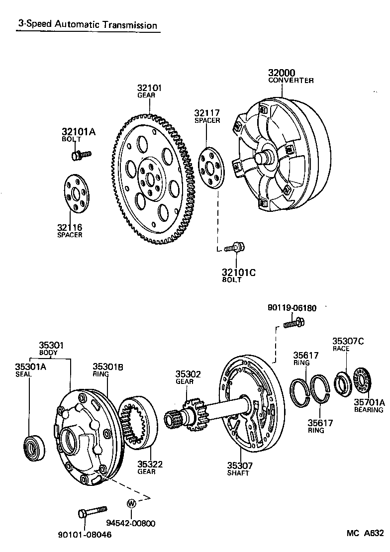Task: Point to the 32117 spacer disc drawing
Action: pos(211,168)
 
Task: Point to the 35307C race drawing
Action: pos(342,383)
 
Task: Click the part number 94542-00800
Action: pos(131,523)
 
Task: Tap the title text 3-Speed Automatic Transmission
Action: pos(88,25)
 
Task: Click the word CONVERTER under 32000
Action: pos(291,81)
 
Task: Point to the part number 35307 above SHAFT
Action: pos(240,465)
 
